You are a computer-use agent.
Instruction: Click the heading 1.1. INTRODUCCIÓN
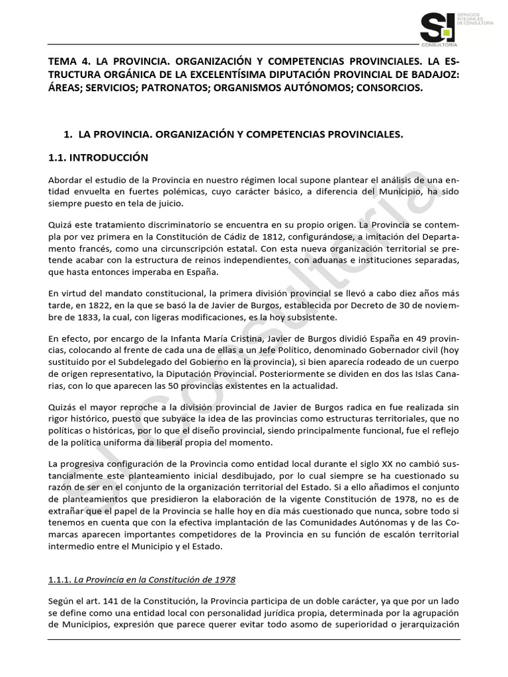(99, 158)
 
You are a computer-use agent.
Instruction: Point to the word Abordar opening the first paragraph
(67, 180)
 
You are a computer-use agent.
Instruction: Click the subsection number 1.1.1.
(60, 580)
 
